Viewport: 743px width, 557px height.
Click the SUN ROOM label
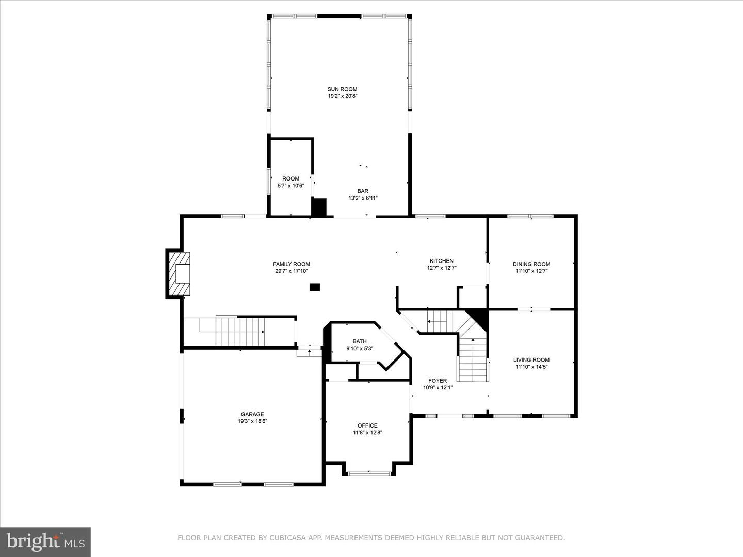click(342, 89)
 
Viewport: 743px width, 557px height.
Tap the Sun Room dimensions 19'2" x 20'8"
click(342, 96)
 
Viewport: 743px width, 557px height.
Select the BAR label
click(363, 191)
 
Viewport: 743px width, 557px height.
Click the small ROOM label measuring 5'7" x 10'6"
click(290, 179)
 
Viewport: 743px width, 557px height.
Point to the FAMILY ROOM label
click(292, 264)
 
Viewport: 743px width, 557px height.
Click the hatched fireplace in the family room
click(178, 273)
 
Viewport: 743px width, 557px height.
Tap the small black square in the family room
click(315, 287)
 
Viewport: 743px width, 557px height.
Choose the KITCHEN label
click(442, 261)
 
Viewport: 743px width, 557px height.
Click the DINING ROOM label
click(531, 264)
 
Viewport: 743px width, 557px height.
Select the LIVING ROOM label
click(531, 360)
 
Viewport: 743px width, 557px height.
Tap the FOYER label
click(438, 381)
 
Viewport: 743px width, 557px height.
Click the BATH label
click(360, 341)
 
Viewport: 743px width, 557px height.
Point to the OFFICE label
click(367, 425)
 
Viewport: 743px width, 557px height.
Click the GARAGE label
click(252, 414)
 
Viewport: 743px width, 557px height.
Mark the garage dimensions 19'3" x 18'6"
click(252, 421)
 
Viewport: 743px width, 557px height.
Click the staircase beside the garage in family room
click(240, 332)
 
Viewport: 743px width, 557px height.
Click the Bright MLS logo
click(45, 542)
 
